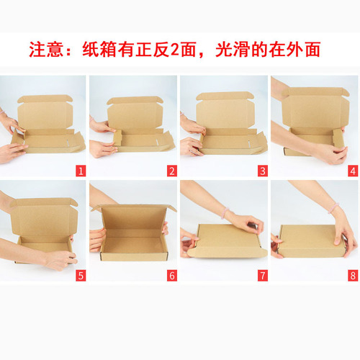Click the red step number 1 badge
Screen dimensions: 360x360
(81, 171)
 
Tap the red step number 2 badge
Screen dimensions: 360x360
(171, 171)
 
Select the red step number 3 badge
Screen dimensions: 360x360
(262, 171)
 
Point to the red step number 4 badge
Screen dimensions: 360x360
(352, 171)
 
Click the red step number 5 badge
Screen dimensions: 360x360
(81, 275)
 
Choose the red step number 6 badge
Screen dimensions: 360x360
(171, 275)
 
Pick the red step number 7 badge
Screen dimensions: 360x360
(262, 275)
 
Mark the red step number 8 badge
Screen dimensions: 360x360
(352, 275)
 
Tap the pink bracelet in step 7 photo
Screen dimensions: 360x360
(224, 214)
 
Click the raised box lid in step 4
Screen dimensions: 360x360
(315, 109)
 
